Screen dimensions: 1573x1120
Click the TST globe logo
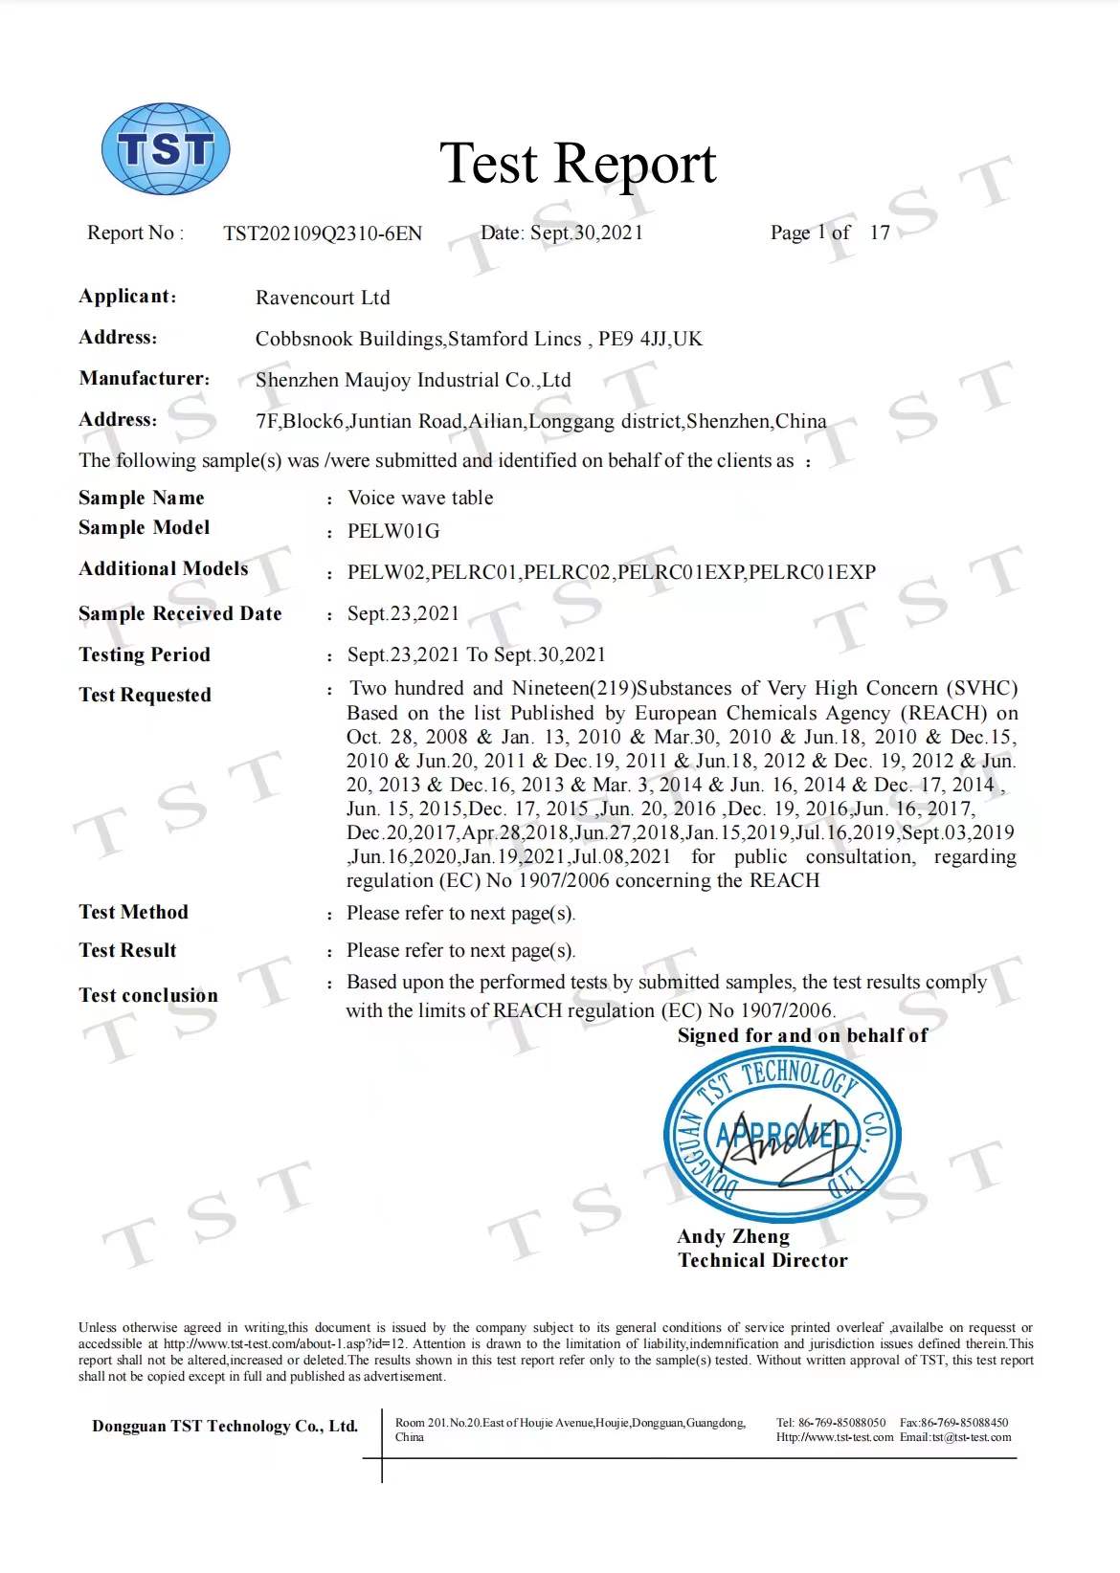point(166,149)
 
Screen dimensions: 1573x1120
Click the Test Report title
point(577,164)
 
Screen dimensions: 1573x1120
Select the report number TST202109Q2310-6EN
point(323,233)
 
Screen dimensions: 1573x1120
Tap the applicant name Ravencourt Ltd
point(323,298)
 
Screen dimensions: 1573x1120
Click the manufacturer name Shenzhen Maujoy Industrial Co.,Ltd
point(413,380)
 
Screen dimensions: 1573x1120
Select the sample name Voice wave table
point(420,498)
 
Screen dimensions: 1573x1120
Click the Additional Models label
point(164,568)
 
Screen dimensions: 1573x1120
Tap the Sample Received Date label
point(180,613)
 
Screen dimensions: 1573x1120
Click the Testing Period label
point(145,654)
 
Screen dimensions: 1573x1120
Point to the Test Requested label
point(145,695)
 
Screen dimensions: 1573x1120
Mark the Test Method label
point(134,912)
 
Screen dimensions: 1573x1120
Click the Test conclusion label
point(148,995)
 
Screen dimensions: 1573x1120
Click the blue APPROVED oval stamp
point(782,1136)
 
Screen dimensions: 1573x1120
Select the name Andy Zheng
point(733,1236)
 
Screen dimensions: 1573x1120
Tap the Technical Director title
point(763,1260)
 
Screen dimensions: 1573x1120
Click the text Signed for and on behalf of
point(802,1035)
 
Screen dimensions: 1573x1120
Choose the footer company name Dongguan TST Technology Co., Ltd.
point(225,1426)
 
